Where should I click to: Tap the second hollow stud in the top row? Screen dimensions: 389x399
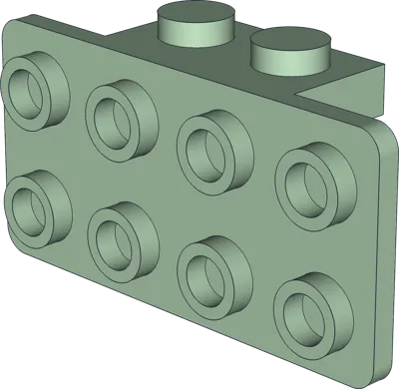121,119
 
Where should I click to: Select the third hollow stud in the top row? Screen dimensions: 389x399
210,148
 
